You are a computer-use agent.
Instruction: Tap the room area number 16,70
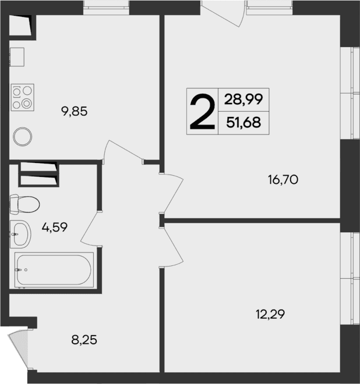(283, 180)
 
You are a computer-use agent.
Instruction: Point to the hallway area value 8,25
(83, 340)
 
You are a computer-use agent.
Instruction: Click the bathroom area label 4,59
(54, 227)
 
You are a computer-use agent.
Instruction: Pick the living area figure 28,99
(243, 99)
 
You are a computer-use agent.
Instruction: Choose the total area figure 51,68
(243, 123)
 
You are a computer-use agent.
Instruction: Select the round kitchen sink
(23, 137)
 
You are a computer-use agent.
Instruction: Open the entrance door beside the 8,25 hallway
(19, 349)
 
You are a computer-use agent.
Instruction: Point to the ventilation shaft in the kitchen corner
(22, 26)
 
